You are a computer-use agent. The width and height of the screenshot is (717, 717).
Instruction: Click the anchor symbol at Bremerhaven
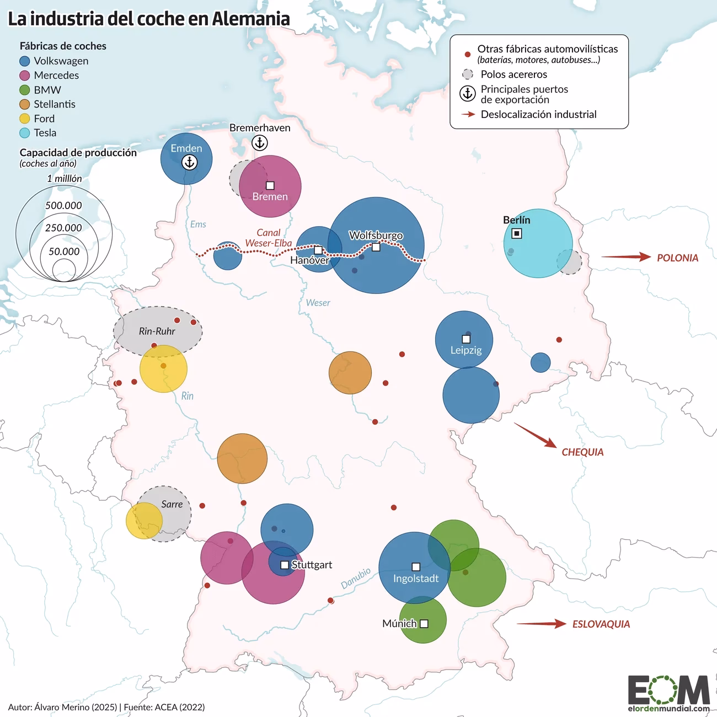260,143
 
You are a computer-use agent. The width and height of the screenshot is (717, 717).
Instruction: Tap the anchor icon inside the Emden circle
189,162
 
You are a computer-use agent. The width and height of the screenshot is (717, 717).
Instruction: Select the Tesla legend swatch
25,133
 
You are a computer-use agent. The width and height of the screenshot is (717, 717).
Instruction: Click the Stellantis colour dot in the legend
25,104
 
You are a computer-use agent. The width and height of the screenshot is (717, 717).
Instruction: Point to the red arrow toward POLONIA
625,256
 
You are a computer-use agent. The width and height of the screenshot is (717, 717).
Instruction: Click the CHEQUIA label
582,452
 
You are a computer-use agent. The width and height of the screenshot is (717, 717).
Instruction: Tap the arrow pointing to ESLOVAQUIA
541,624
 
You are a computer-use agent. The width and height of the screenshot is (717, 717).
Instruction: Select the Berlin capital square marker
517,234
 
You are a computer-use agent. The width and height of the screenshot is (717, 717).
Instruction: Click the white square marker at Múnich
424,624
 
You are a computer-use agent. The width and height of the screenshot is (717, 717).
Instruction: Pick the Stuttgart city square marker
285,565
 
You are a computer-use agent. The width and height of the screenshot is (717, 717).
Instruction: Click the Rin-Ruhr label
157,331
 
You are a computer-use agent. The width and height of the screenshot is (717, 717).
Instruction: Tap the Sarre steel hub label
172,504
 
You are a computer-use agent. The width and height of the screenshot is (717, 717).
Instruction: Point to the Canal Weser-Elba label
269,238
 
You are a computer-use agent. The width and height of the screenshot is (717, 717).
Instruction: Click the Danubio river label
356,578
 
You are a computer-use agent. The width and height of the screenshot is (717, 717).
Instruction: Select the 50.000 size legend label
64,252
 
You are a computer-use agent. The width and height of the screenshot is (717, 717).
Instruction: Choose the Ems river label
198,224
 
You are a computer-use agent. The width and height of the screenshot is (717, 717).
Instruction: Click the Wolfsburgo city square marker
376,247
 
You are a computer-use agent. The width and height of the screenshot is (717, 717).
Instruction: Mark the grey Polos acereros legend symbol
468,74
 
